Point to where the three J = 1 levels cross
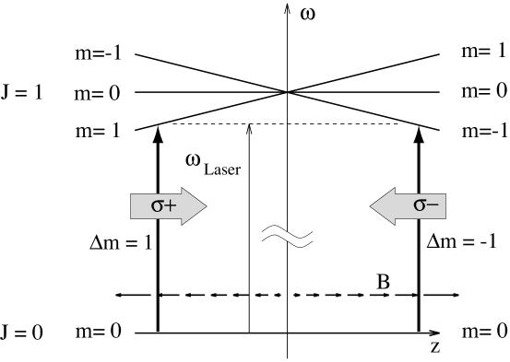coord(288,92)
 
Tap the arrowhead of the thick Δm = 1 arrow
coord(159,132)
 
